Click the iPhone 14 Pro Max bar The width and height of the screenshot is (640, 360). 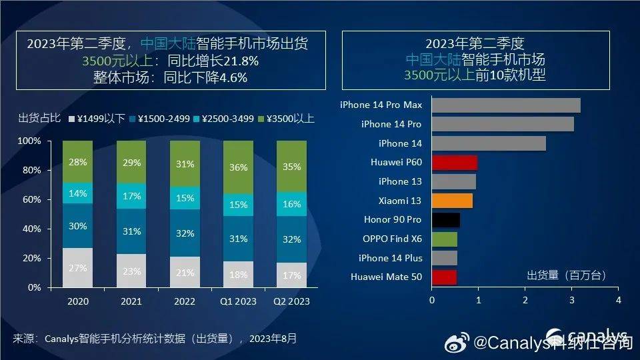pos(505,105)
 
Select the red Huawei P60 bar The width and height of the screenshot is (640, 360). pos(455,162)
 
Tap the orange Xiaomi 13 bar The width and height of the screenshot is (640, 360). pos(452,200)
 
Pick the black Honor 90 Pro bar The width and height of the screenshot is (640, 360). pos(445,219)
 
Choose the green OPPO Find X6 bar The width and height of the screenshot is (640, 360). pos(444,239)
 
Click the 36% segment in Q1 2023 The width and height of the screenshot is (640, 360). pos(238,168)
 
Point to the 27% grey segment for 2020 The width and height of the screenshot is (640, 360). pos(77,268)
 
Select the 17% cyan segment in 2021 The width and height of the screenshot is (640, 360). pos(132,197)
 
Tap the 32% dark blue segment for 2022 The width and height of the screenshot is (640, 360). pos(185,233)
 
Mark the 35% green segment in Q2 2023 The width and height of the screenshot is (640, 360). pos(291,167)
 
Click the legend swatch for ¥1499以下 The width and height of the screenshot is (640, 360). pos(72,119)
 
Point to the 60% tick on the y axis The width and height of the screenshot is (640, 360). pos(31,199)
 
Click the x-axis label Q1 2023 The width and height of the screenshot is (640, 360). pos(238,301)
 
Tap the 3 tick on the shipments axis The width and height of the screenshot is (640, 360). pos(572,301)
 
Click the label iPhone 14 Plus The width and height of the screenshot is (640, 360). pos(390,258)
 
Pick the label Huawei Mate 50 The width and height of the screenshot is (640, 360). pos(386,277)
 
